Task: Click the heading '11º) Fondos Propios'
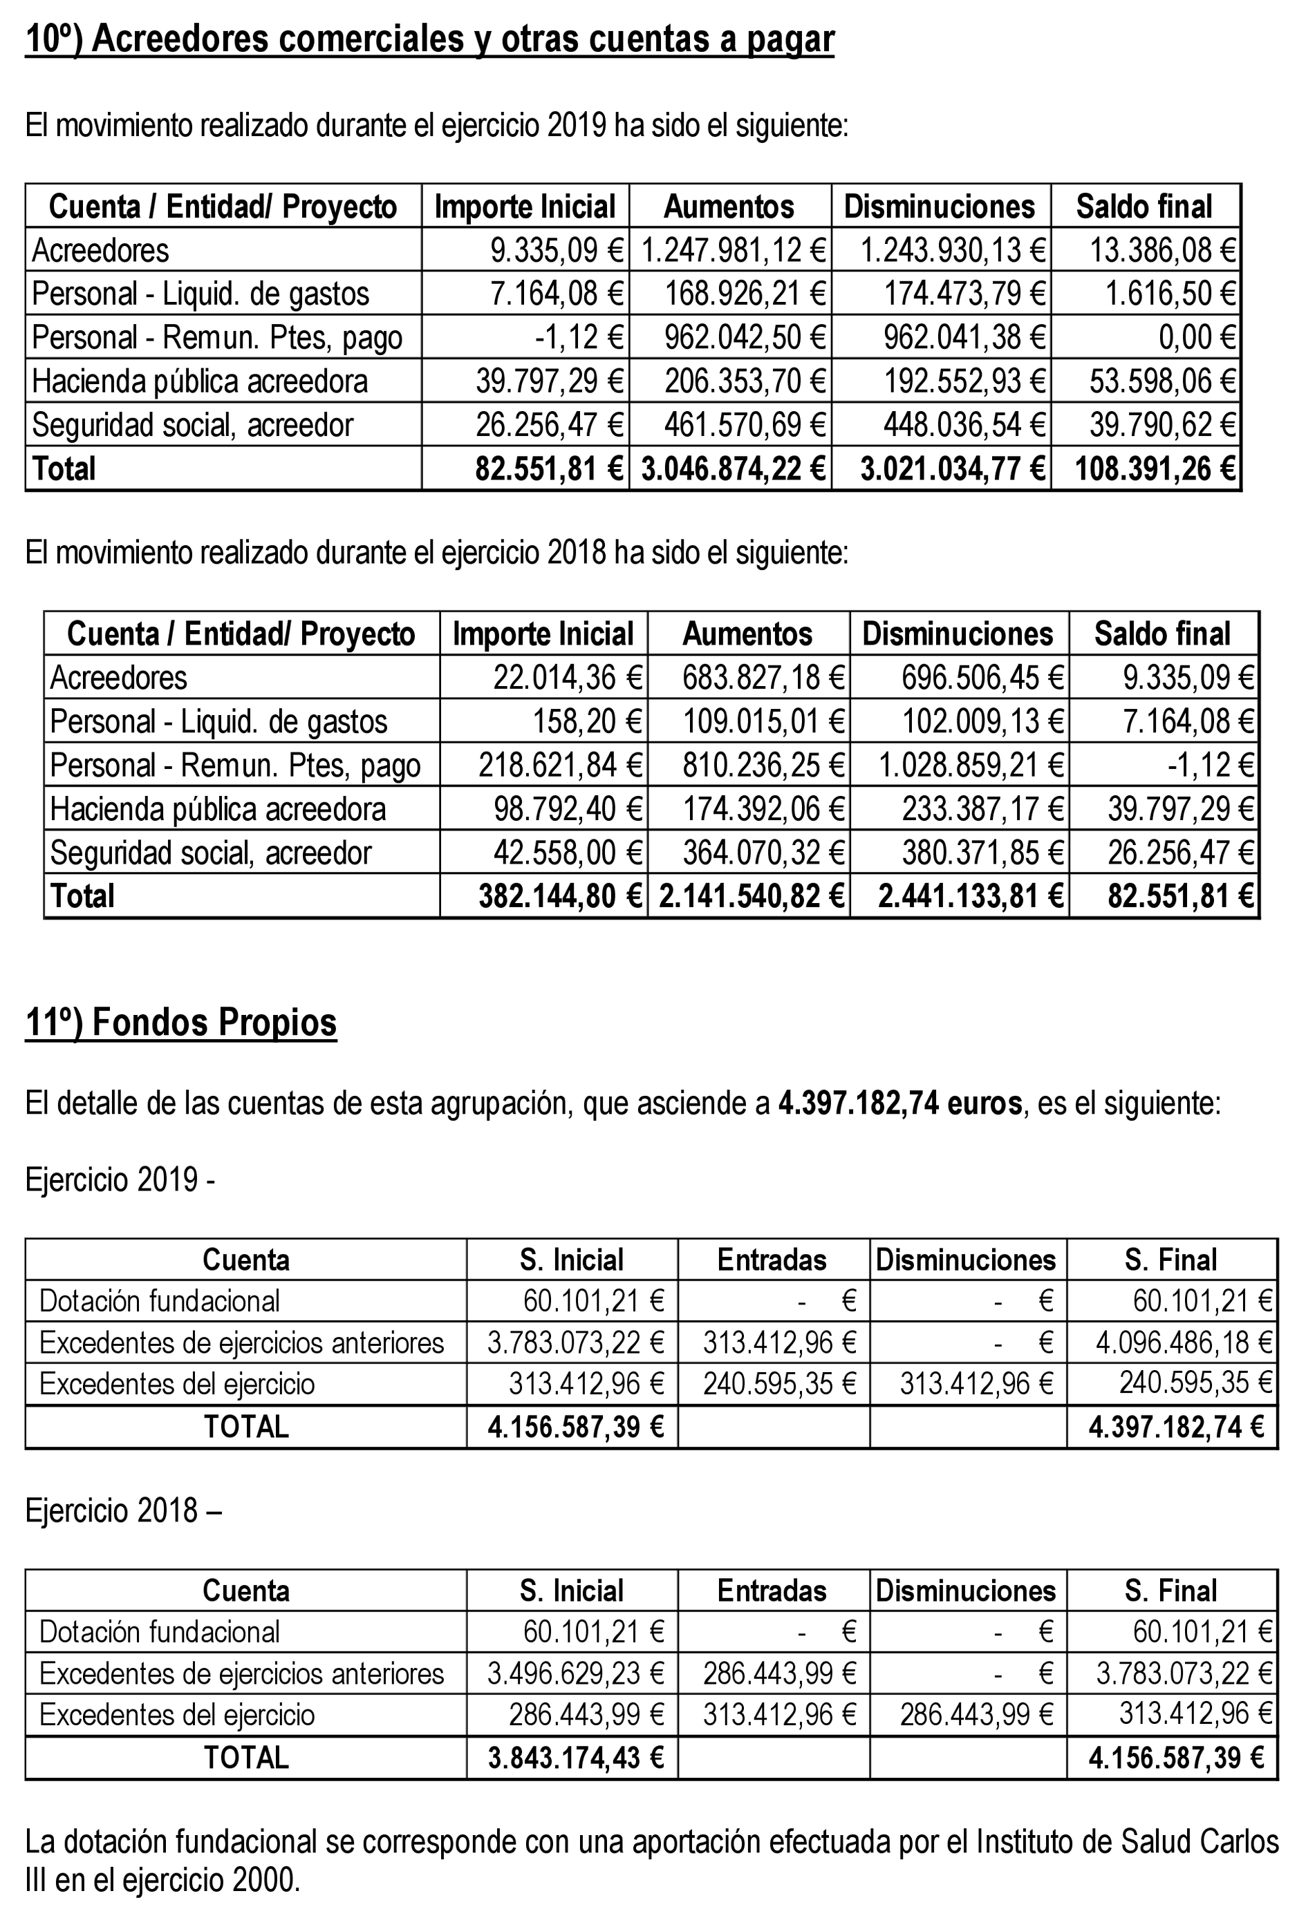click(x=181, y=1022)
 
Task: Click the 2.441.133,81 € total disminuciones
click(x=970, y=896)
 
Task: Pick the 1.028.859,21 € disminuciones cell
click(x=970, y=765)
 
